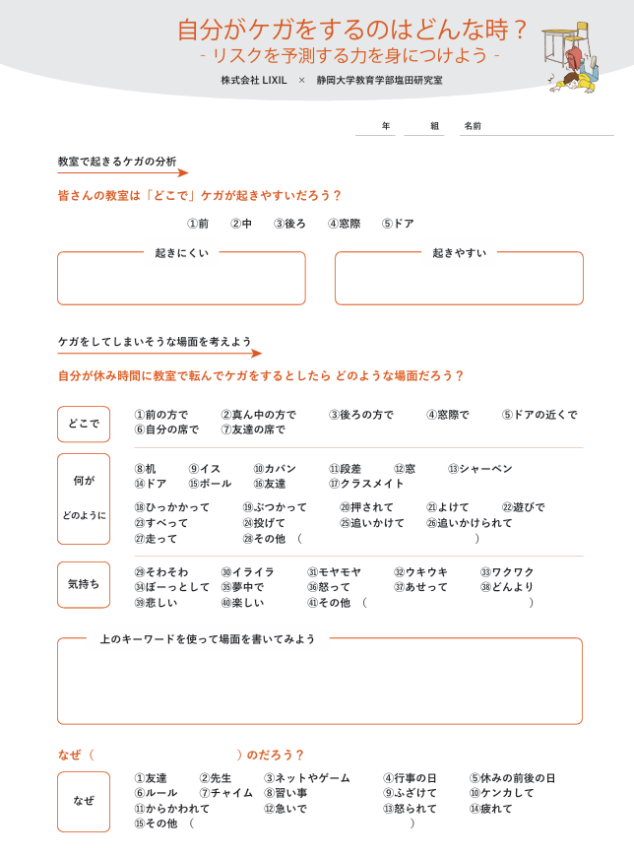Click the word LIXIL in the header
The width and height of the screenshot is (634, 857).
pos(274,80)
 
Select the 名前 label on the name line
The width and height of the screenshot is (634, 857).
pos(473,126)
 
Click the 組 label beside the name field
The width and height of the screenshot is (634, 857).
pos(435,126)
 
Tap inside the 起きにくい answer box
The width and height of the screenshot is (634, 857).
pos(181,283)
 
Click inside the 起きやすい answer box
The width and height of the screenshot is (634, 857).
pos(459,283)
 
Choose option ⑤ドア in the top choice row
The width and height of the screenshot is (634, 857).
pos(399,224)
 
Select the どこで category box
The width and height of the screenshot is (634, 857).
pos(84,424)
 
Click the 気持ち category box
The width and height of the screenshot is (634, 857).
pos(84,584)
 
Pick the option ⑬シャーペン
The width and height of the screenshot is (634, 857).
pos(479,469)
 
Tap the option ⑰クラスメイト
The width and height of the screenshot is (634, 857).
pos(366,484)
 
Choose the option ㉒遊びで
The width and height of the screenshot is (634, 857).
pos(523,507)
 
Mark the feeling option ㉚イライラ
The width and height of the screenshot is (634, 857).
pos(247,571)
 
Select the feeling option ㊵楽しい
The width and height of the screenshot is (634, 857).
pos(242,603)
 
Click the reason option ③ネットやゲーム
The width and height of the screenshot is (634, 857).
pos(306,778)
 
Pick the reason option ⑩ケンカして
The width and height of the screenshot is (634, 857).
pos(501,793)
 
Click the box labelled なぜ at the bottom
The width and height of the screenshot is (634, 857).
pos(84,801)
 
